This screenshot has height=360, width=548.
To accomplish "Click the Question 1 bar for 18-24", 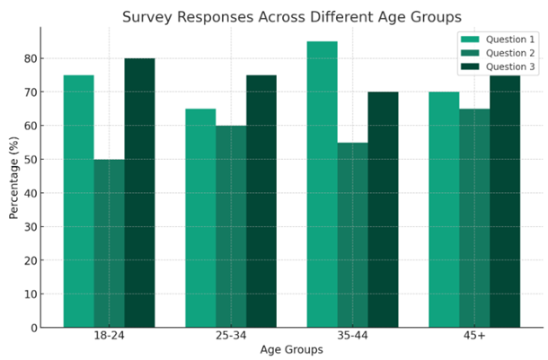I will coord(78,201).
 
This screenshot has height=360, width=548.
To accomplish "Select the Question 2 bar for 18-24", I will coord(109,243).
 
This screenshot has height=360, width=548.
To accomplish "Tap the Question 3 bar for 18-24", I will coord(139,193).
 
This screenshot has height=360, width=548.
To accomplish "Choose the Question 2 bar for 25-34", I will coord(231,226).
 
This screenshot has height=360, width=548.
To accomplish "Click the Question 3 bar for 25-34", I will coord(261,201).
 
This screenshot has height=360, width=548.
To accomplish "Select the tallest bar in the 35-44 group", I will coord(322,184).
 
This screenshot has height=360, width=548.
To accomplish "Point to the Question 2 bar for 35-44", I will coord(352,235).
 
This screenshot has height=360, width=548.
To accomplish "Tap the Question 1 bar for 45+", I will coord(444,209).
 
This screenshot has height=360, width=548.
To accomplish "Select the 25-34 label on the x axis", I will coord(231,336).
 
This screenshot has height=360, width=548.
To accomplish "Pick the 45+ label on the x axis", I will coord(474,336).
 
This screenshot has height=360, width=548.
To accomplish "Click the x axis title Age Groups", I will coord(291,349).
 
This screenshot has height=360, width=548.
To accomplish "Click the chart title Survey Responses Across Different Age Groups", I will coord(291,17).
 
